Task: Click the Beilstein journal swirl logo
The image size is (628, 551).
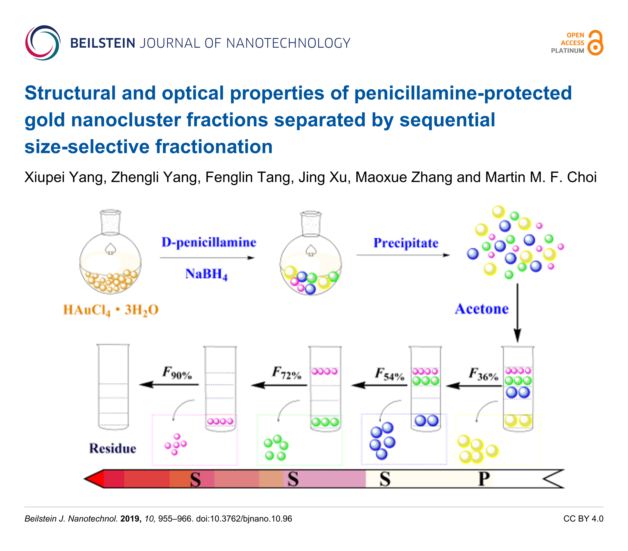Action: [x=43, y=43]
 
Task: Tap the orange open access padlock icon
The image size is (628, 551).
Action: [x=595, y=43]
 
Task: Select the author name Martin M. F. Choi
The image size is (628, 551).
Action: [x=541, y=178]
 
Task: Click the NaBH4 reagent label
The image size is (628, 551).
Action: [x=206, y=274]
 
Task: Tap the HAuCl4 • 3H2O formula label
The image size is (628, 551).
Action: [x=110, y=310]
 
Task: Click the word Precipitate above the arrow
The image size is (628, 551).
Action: [x=406, y=243]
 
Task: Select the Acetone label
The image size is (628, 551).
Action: [x=482, y=309]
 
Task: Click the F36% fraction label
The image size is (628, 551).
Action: [x=483, y=374]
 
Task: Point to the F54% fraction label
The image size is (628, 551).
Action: [x=389, y=374]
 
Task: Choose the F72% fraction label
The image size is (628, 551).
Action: [x=287, y=373]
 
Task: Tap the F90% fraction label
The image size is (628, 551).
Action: [x=177, y=373]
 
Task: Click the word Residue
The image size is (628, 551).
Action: [x=112, y=448]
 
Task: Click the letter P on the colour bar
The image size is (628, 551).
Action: [x=484, y=479]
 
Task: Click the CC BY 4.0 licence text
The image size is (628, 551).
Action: [x=583, y=519]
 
